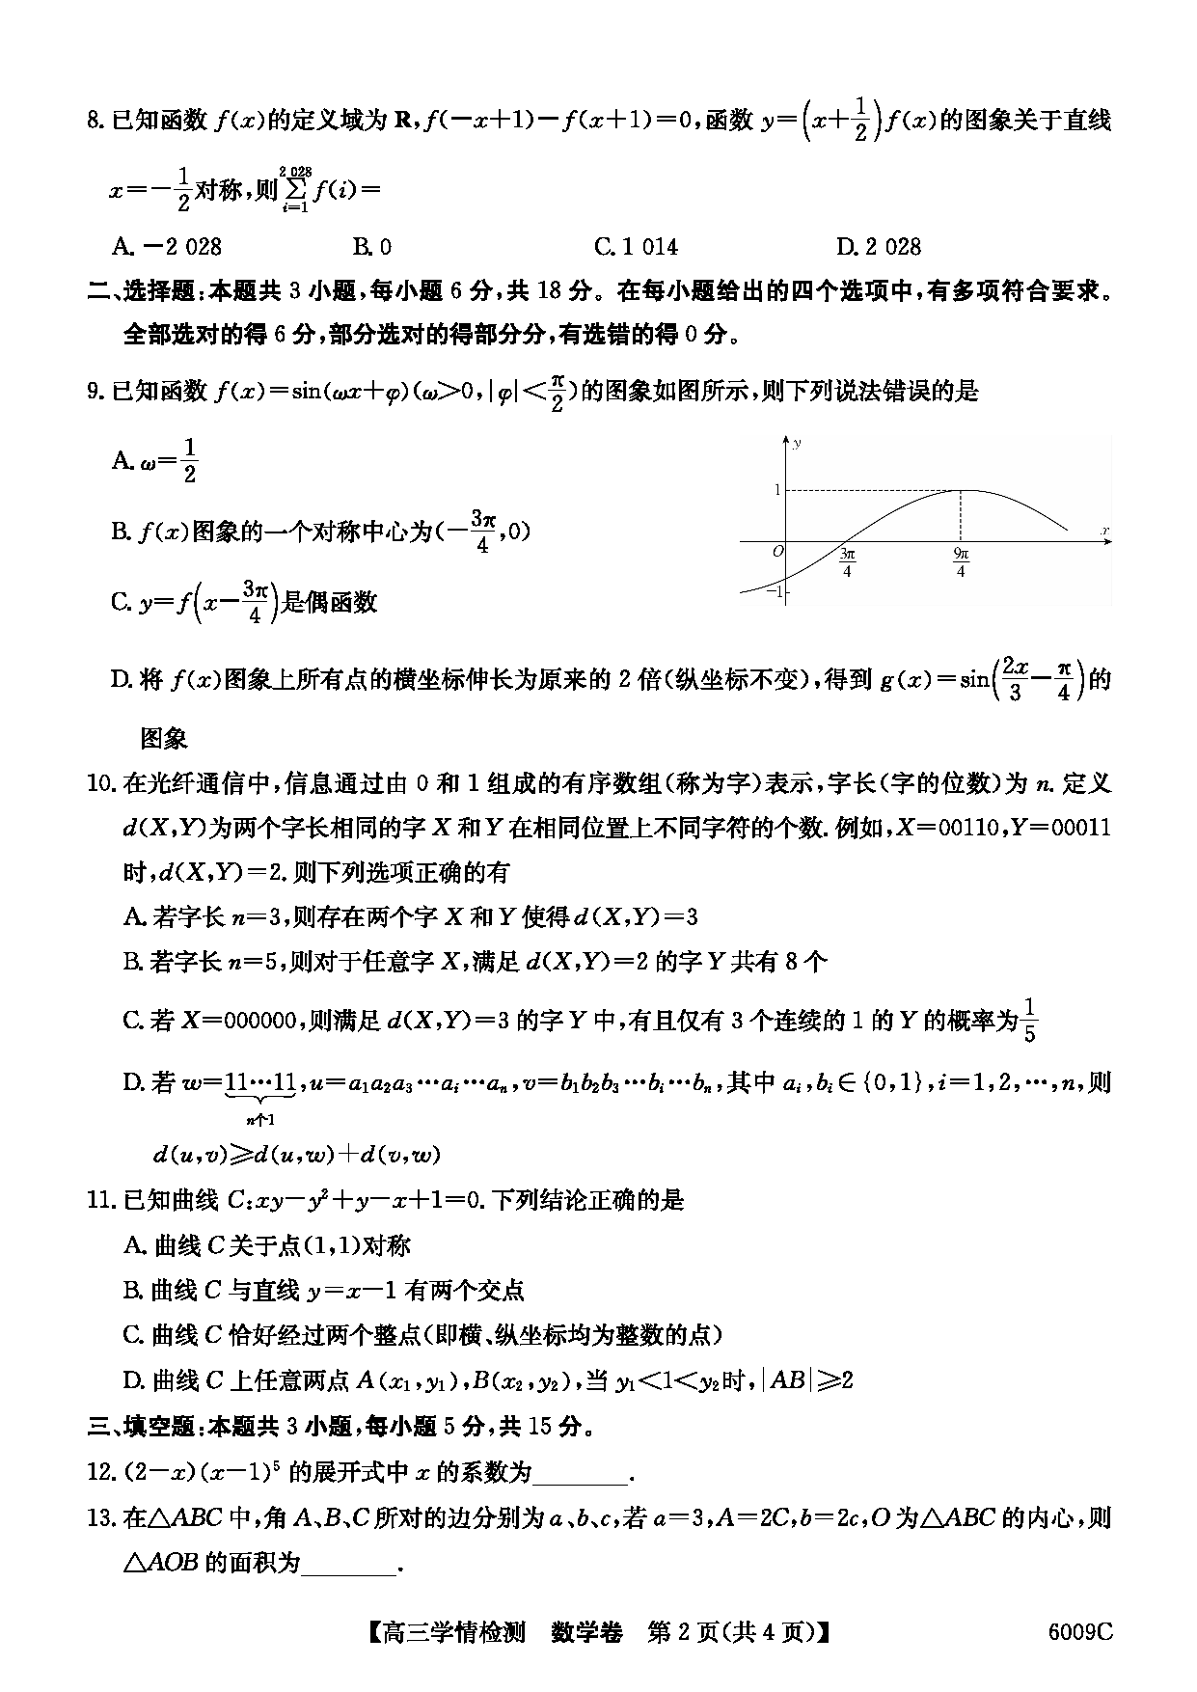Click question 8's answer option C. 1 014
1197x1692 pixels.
(x=636, y=247)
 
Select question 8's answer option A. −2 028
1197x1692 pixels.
(x=166, y=247)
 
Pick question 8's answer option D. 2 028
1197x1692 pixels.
(x=878, y=247)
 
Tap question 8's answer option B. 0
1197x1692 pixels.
(x=372, y=247)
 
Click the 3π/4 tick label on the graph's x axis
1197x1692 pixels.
(x=847, y=562)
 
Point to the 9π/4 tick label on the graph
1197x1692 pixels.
(x=961, y=562)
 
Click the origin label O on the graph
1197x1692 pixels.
(x=777, y=551)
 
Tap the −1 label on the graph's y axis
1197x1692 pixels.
(x=774, y=590)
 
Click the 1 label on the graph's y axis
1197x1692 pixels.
(x=776, y=490)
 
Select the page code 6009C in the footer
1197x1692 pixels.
(x=1080, y=1632)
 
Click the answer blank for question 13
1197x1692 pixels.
(x=349, y=1563)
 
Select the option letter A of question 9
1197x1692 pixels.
(x=121, y=460)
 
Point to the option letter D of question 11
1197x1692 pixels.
(x=133, y=1381)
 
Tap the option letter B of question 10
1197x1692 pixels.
(x=133, y=962)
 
